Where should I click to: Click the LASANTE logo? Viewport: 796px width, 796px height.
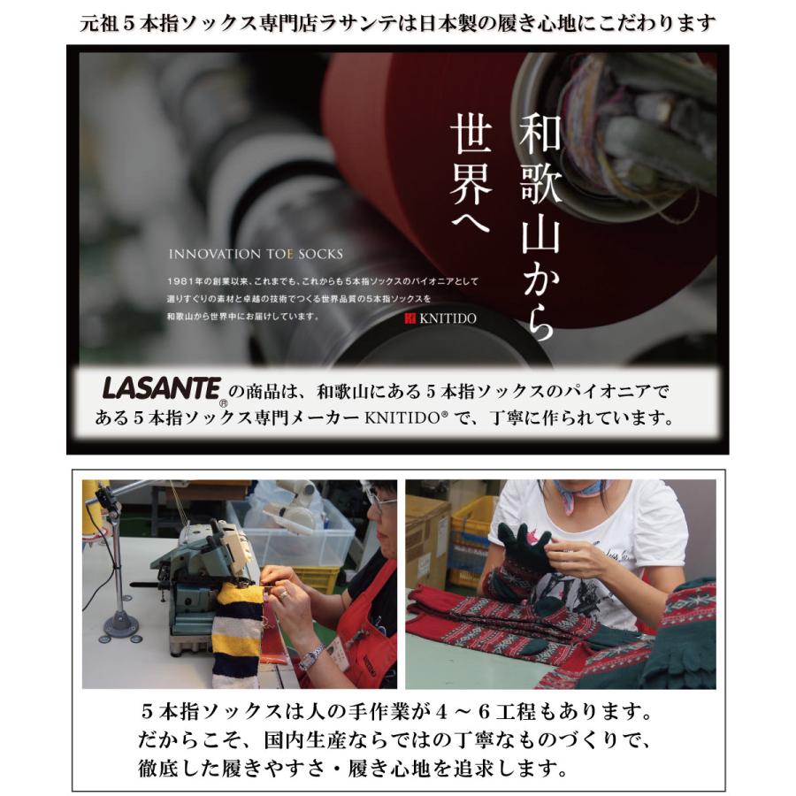coord(161,387)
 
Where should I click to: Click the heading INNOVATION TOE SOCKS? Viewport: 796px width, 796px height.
coord(255,253)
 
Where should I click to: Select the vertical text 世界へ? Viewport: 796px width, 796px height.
coord(470,174)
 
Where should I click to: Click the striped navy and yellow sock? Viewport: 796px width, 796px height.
coord(236,632)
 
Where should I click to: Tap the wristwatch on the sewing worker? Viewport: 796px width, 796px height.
coord(311,656)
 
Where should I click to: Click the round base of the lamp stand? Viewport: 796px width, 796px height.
coord(120,627)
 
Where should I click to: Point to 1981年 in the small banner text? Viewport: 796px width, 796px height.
coord(188,281)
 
